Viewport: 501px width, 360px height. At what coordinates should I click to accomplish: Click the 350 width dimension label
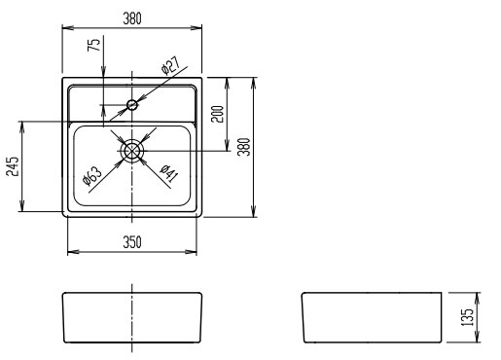(x=132, y=242)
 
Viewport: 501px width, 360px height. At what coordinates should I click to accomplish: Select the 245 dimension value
(x=13, y=166)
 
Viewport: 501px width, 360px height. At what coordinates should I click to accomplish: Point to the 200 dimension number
(x=217, y=114)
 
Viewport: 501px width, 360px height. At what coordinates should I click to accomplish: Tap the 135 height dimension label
(x=467, y=317)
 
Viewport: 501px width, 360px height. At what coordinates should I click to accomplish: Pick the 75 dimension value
(x=93, y=45)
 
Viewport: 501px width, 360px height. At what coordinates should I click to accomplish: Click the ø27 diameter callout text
(x=170, y=65)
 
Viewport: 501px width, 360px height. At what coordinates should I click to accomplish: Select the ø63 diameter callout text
(x=92, y=176)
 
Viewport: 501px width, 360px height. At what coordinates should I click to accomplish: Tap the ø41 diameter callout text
(x=169, y=173)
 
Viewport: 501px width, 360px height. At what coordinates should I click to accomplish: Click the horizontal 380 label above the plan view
(x=132, y=18)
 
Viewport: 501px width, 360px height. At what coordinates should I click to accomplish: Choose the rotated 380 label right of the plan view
(x=244, y=147)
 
